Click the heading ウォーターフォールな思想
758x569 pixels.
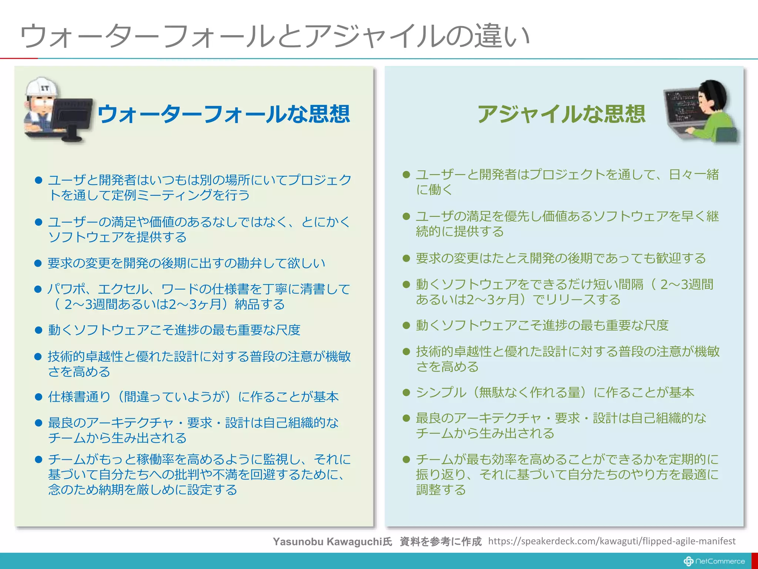pos(224,114)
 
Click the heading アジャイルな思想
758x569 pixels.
pos(561,114)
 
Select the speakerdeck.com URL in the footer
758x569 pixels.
pos(611,541)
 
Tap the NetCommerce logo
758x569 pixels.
pos(714,561)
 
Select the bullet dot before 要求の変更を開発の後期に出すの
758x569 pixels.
pos(38,263)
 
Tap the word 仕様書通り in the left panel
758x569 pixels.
pos(79,397)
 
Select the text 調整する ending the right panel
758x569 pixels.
pos(441,490)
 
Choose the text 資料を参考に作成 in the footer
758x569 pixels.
pos(440,542)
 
